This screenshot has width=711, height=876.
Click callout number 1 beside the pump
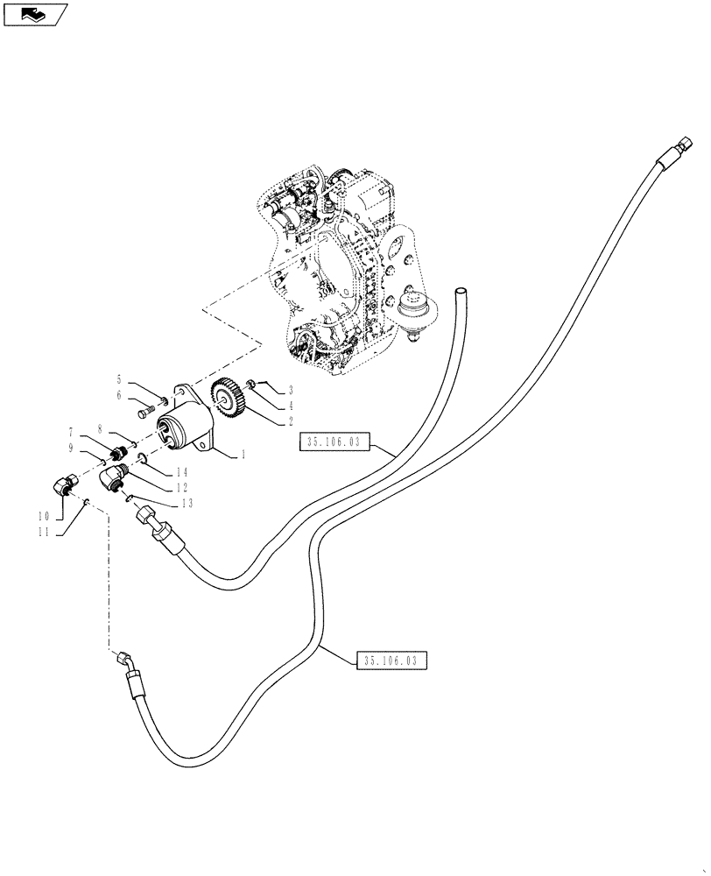[243, 454]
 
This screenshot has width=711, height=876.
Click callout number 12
[182, 487]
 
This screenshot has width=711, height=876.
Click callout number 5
[120, 379]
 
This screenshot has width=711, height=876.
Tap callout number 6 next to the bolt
[120, 395]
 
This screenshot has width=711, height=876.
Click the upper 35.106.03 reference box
[334, 443]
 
